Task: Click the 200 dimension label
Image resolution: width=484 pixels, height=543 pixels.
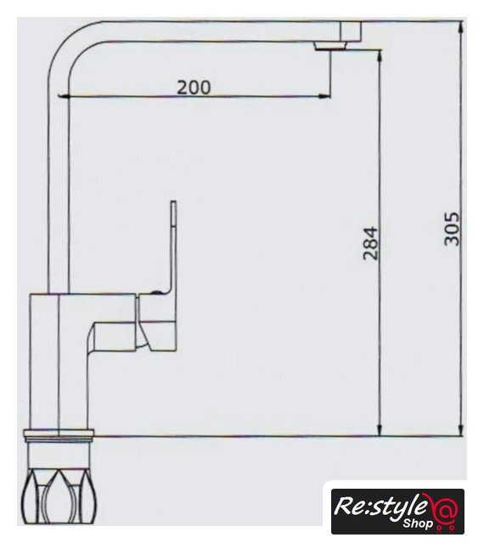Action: [194, 87]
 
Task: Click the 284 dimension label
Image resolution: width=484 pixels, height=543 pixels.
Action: [370, 244]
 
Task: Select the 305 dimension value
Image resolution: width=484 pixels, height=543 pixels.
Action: [452, 228]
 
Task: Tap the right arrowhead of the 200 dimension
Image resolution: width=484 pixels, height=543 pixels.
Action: [325, 96]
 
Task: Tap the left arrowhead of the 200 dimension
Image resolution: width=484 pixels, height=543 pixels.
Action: [62, 96]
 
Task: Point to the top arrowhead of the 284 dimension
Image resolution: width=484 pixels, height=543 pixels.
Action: [380, 55]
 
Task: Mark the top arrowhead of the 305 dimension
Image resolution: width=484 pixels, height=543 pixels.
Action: [461, 27]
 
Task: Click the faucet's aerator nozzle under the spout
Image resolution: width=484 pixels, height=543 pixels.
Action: [330, 46]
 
